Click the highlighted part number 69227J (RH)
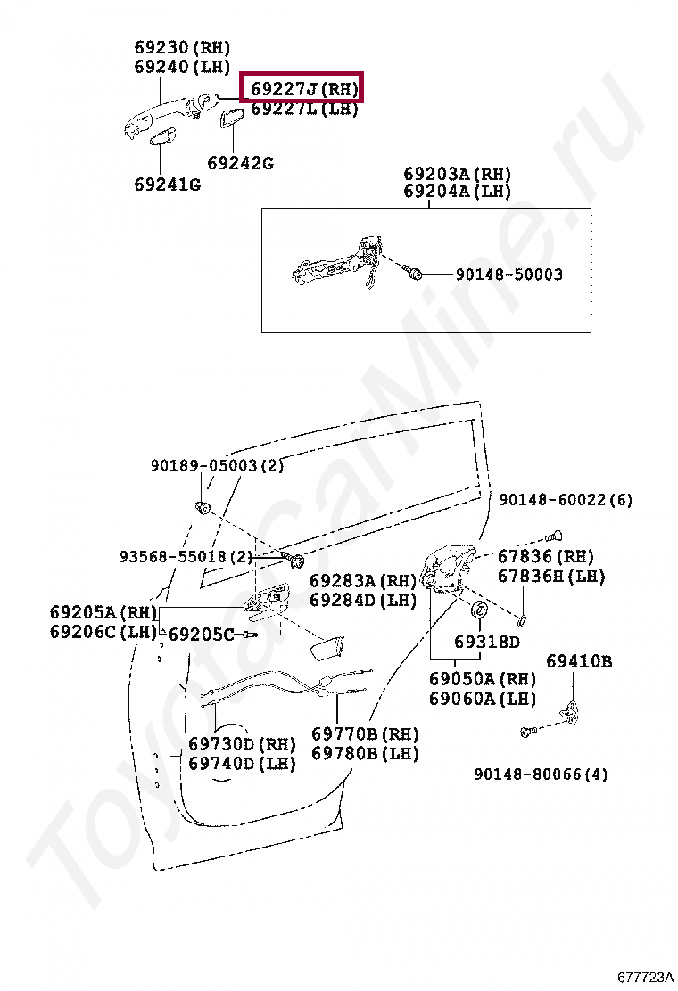pyautogui.click(x=303, y=89)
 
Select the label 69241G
pyautogui.click(x=167, y=184)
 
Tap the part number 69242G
pyautogui.click(x=240, y=163)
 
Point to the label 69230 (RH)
pyautogui.click(x=182, y=47)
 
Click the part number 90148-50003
pyautogui.click(x=502, y=274)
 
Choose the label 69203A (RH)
pyautogui.click(x=457, y=173)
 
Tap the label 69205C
pyautogui.click(x=201, y=634)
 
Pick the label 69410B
pyautogui.click(x=579, y=661)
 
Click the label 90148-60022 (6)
pyautogui.click(x=565, y=500)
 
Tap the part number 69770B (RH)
pyautogui.click(x=365, y=734)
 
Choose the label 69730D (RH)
pyautogui.click(x=241, y=744)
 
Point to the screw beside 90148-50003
pyautogui.click(x=412, y=271)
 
